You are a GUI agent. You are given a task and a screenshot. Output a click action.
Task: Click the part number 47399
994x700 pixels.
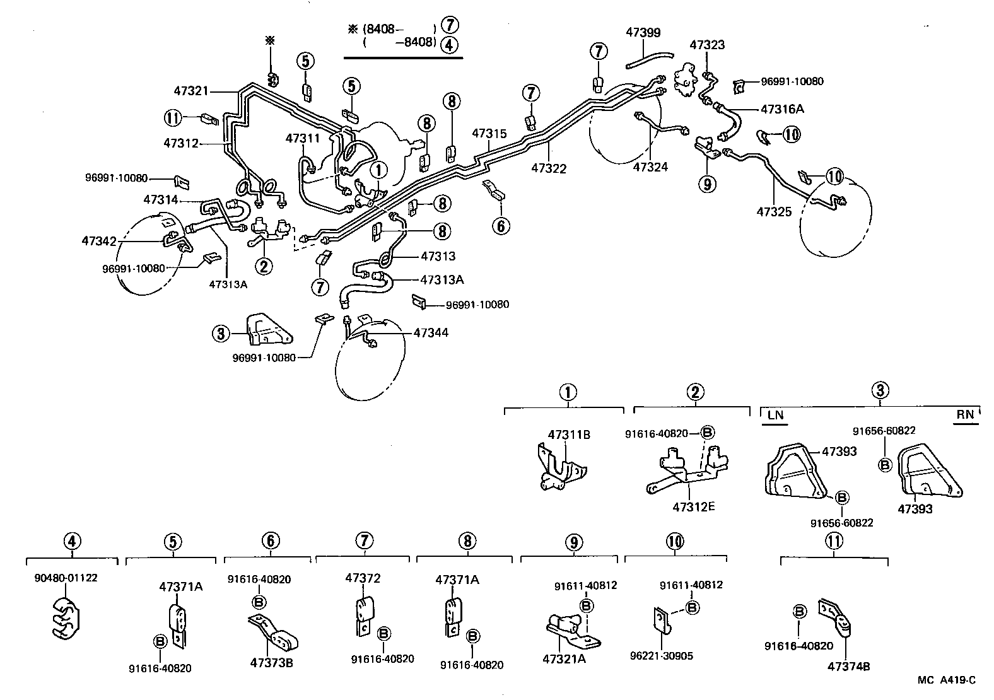(x=643, y=32)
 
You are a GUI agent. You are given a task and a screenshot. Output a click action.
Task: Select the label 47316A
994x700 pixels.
(x=782, y=109)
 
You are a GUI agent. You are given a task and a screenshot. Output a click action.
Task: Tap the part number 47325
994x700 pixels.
(x=774, y=213)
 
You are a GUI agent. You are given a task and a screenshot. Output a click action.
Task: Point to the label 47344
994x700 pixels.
(x=431, y=332)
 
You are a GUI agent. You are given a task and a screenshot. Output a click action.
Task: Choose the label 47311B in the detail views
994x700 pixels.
(x=569, y=435)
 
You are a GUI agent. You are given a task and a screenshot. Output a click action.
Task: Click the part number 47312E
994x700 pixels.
(x=693, y=506)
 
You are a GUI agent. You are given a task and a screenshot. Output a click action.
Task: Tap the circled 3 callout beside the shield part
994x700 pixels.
(x=220, y=333)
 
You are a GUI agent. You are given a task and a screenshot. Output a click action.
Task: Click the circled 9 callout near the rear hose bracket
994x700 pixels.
(x=707, y=184)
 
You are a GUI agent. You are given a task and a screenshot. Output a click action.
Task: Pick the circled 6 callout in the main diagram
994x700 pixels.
(x=501, y=225)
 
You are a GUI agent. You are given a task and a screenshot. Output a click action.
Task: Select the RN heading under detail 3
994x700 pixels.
(x=965, y=414)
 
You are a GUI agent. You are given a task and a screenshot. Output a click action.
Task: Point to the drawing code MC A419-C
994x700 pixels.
(x=947, y=680)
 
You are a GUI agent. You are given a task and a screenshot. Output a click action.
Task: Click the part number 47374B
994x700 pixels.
(x=850, y=666)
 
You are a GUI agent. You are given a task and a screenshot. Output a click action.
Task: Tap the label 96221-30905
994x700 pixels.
(x=662, y=656)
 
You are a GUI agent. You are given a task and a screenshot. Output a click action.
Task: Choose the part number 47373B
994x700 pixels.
(x=271, y=663)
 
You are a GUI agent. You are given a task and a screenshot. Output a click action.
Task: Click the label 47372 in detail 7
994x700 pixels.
(x=363, y=578)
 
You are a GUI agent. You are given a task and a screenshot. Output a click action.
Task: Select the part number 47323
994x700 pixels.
(x=707, y=45)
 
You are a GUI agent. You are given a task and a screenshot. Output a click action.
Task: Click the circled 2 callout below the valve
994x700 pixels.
(x=264, y=266)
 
